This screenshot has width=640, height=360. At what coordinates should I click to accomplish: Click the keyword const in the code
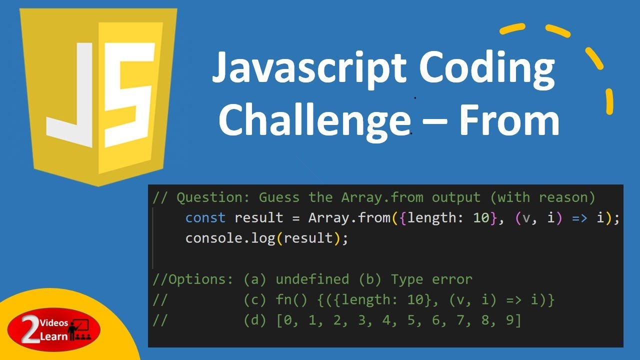coord(205,218)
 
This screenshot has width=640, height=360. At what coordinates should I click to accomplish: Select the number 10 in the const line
coord(481,218)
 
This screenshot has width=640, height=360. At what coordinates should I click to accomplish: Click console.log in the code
coord(230,238)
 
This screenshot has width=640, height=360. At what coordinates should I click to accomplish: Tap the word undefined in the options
coord(312,279)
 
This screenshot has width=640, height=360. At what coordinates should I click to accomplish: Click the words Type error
coord(431,279)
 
